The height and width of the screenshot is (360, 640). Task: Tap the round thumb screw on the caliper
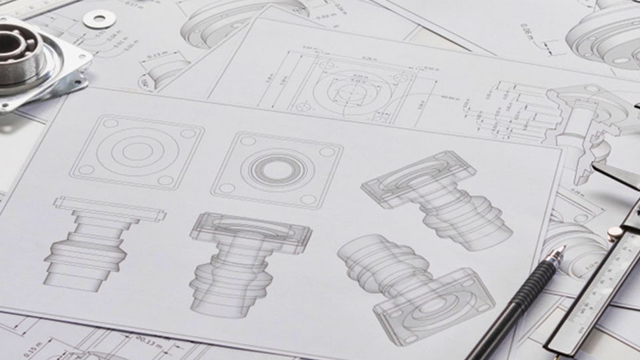pos(615,233)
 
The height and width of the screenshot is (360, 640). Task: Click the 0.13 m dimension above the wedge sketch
pos(157,53)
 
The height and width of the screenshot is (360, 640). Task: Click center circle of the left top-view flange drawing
pos(136,151)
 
